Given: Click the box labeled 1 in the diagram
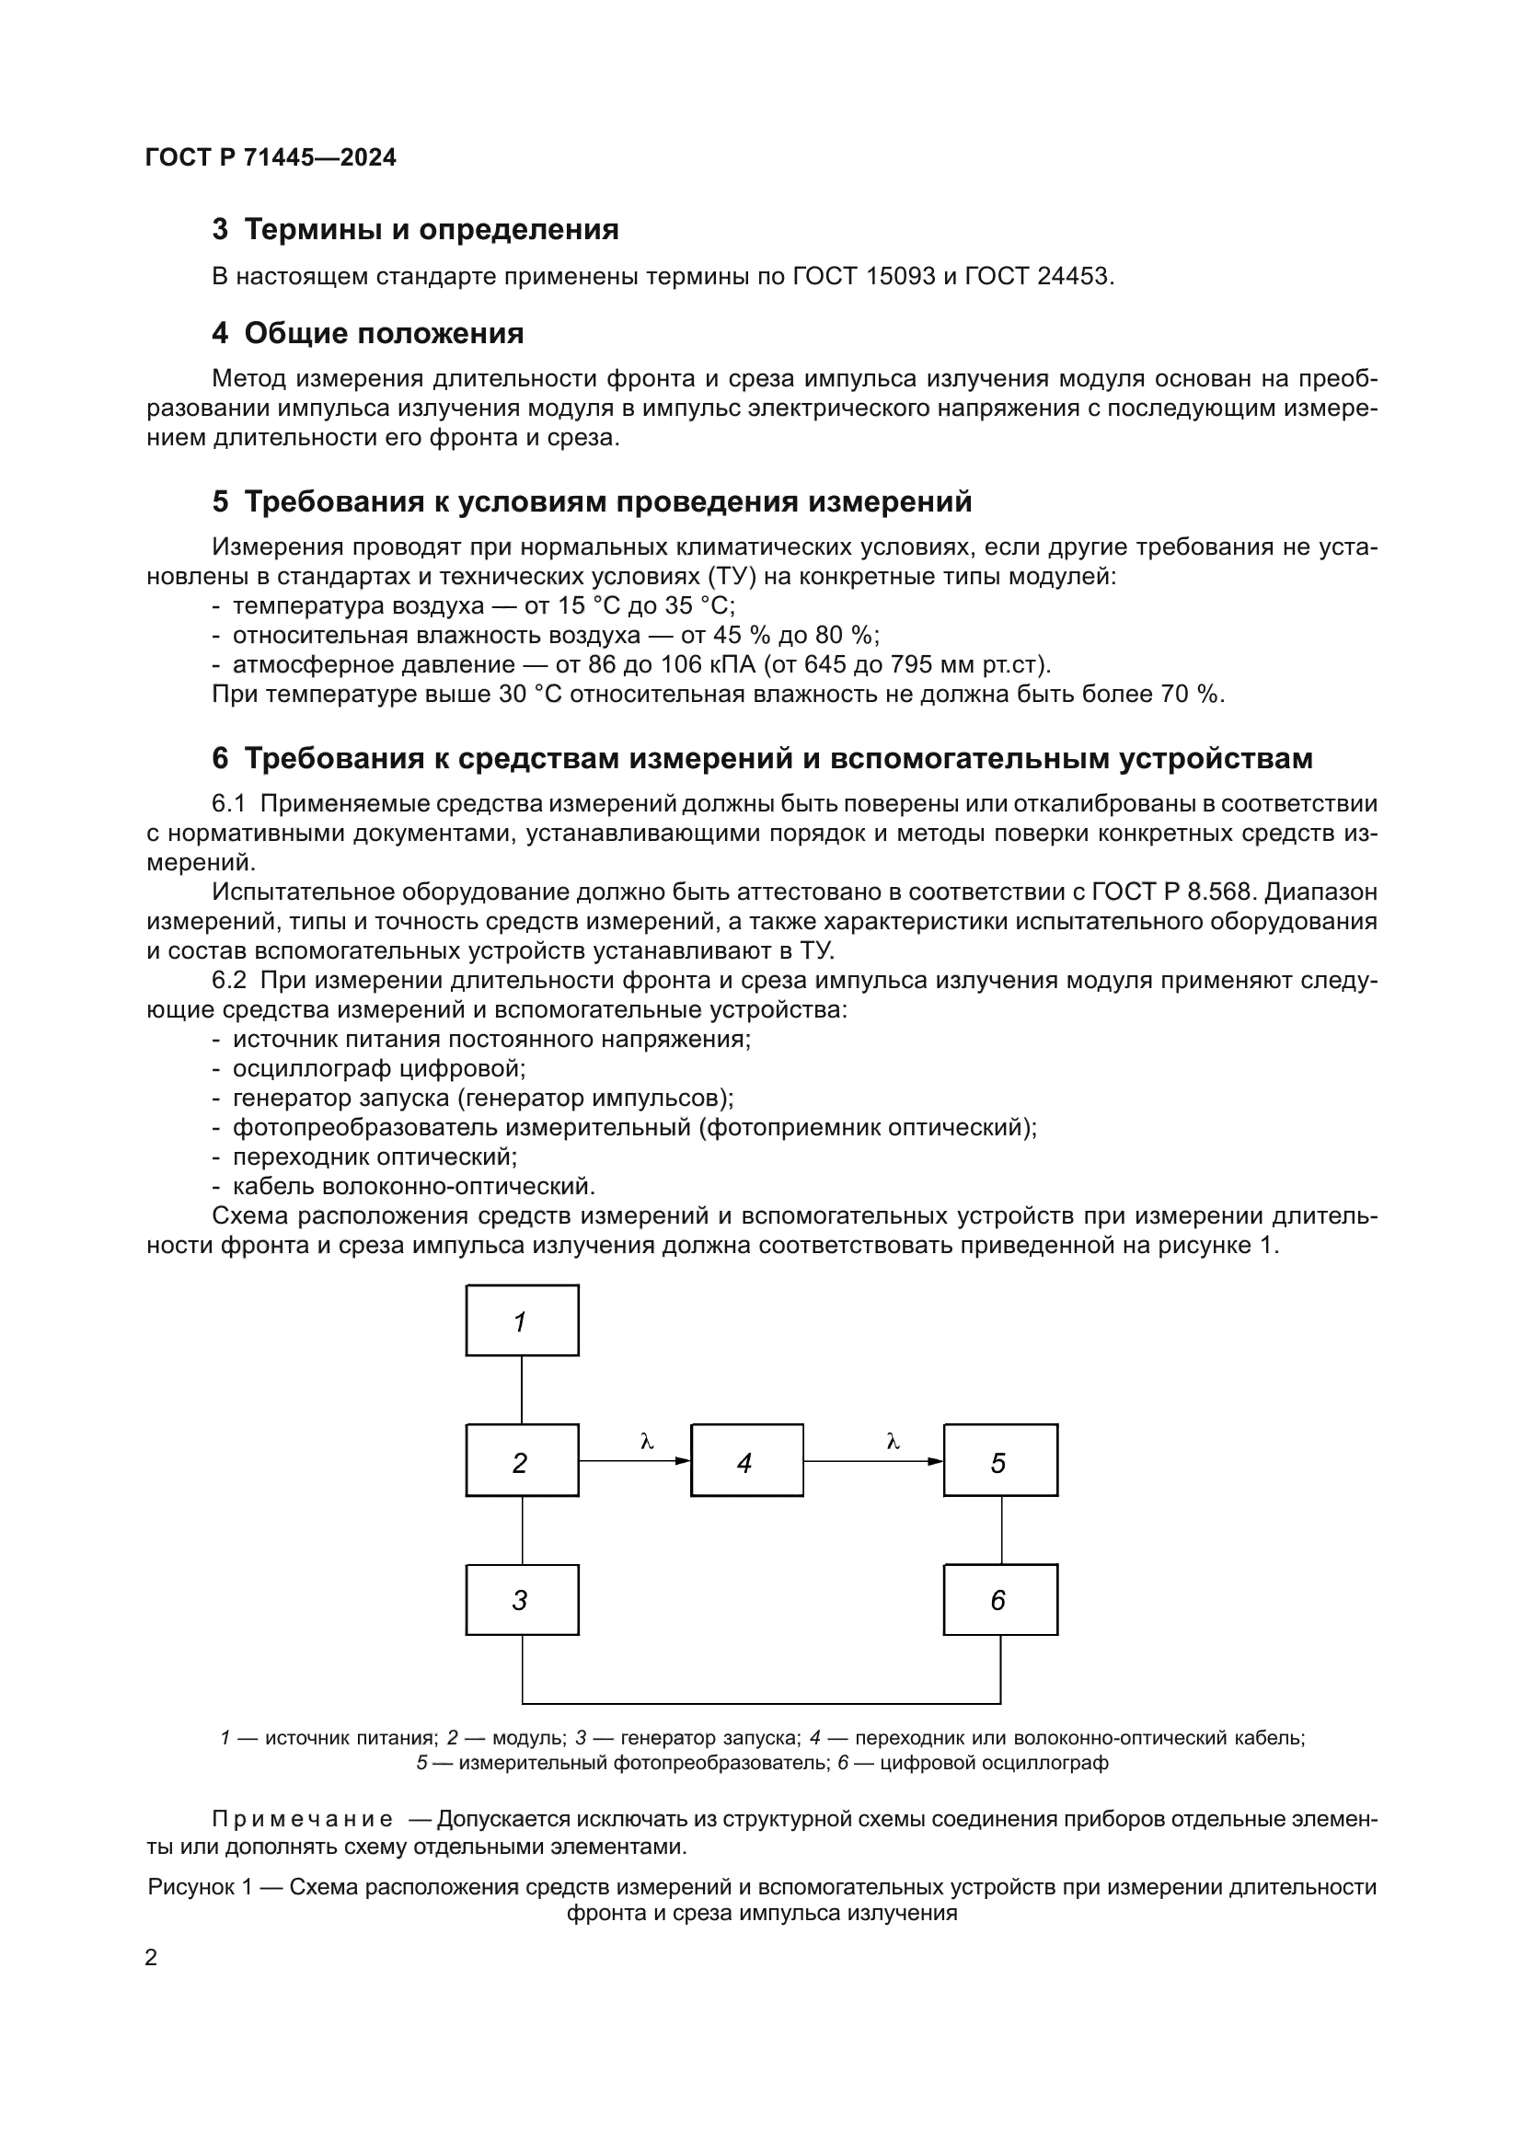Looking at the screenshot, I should tap(522, 1319).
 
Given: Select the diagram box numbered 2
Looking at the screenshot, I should tap(522, 1460).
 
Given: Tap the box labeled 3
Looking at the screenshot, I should tap(522, 1599).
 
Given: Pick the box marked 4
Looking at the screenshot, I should tap(747, 1460).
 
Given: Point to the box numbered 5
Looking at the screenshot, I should tap(1000, 1460).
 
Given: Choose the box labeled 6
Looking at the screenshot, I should tap(1000, 1599).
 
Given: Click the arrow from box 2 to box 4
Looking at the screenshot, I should tap(635, 1461).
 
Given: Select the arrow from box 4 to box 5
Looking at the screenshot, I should tap(872, 1461).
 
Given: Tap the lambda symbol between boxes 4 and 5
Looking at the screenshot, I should tap(893, 1442).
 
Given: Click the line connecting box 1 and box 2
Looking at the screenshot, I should tap(522, 1389).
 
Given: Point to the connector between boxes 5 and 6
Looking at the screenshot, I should tap(1001, 1530).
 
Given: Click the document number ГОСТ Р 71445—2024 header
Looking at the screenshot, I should tap(271, 157).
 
